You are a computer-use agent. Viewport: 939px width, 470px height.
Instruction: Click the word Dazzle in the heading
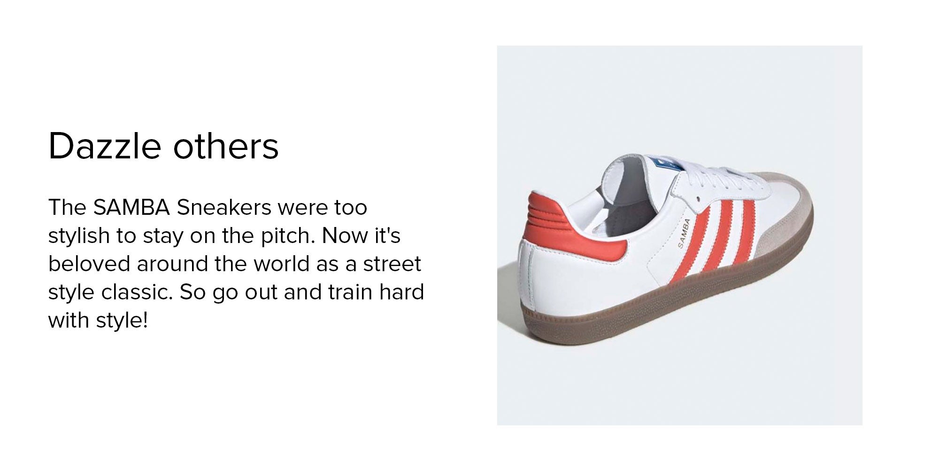[105, 146]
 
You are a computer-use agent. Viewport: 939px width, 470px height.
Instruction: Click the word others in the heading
[226, 146]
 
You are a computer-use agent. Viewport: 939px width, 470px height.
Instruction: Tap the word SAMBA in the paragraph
[131, 207]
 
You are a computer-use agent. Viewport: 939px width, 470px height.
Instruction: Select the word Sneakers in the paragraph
[224, 207]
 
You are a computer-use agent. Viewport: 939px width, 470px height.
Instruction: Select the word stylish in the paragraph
[79, 235]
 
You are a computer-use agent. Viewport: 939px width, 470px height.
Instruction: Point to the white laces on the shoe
[704, 178]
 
